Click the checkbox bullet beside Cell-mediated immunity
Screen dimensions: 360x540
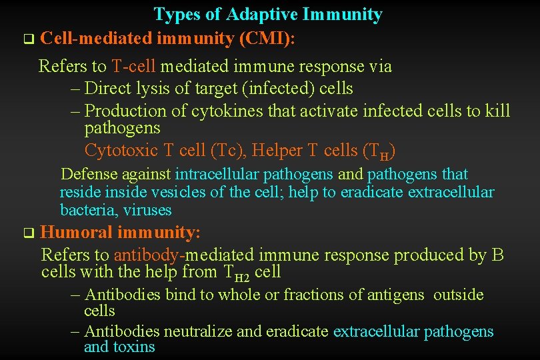pos(27,39)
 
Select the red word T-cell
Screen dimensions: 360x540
pos(134,66)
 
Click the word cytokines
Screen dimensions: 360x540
pos(227,111)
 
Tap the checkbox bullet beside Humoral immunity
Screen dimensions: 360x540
pos(27,233)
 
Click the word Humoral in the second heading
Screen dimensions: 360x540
pos(76,233)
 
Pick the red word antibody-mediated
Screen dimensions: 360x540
pos(184,255)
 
